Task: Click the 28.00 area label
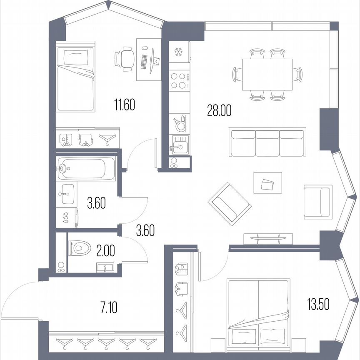tap(219, 110)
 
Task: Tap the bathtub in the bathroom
tap(86, 169)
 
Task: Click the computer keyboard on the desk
tap(144, 62)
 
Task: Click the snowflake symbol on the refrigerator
tap(179, 52)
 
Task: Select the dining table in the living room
tap(267, 74)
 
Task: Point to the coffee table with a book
tap(267, 183)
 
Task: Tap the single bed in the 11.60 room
tap(75, 79)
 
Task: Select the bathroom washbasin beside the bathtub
tap(67, 194)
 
